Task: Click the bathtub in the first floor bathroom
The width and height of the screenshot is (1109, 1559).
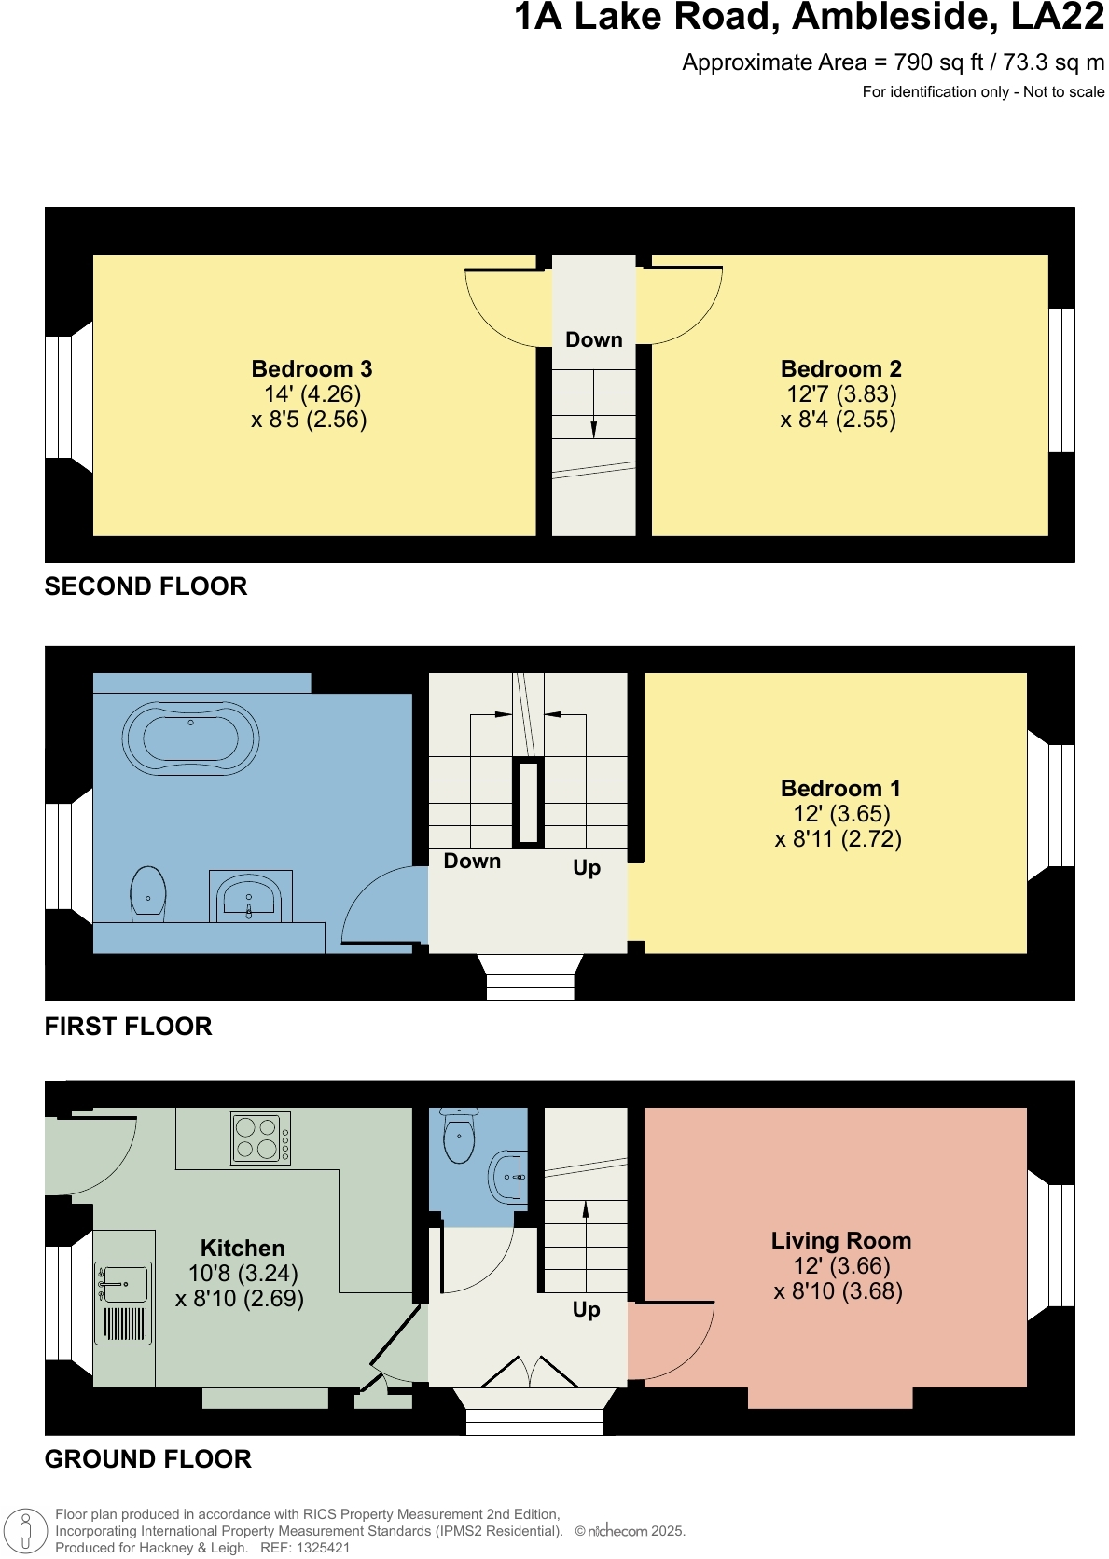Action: (x=190, y=738)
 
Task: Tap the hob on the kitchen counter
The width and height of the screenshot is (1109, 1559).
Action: (x=260, y=1138)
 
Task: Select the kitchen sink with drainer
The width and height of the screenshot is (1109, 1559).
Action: (x=123, y=1303)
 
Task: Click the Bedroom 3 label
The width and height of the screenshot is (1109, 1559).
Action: (x=312, y=368)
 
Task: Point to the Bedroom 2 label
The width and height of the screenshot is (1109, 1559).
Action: (x=840, y=368)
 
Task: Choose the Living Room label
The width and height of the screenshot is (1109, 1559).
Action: (x=840, y=1240)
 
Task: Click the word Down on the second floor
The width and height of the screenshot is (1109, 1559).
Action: (x=593, y=339)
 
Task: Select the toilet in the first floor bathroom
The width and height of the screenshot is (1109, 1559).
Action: (x=148, y=893)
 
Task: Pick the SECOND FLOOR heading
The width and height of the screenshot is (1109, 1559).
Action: (x=146, y=586)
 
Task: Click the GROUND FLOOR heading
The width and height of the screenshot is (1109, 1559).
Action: (x=147, y=1459)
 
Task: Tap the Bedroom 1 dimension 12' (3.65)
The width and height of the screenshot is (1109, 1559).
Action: (x=841, y=813)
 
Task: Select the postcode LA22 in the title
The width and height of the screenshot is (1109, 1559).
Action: (x=1057, y=17)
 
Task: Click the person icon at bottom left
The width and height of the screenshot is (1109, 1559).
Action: (x=25, y=1531)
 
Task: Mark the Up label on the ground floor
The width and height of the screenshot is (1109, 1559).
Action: (x=586, y=1309)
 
